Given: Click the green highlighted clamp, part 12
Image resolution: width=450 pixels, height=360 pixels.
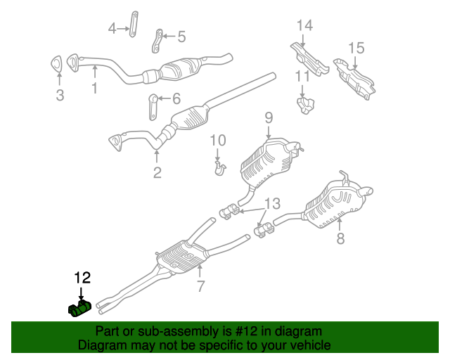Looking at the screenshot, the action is (x=79, y=309).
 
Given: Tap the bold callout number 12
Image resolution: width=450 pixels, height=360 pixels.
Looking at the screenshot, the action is (x=82, y=278).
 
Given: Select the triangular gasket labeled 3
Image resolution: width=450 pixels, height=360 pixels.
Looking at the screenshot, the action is (x=56, y=64).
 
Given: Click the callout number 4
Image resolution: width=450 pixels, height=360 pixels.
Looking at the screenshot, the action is (x=112, y=29).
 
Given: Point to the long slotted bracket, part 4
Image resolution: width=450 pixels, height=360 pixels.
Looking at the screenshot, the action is (x=134, y=24).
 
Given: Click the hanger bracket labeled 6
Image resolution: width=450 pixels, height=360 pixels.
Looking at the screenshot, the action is (x=153, y=107).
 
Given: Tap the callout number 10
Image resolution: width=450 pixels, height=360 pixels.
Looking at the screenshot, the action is (x=218, y=141).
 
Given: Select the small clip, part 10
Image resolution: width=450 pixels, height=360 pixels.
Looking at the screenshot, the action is (x=220, y=168).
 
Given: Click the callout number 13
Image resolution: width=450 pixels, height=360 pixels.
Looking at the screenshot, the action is (x=272, y=203).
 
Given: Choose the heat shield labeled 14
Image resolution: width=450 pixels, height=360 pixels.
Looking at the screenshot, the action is (x=309, y=59).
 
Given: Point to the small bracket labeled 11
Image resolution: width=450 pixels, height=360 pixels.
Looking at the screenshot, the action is (x=305, y=105).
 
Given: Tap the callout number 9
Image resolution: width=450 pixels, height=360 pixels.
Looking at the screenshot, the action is (x=269, y=117).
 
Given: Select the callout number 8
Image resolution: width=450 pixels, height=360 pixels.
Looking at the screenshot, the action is (x=340, y=238).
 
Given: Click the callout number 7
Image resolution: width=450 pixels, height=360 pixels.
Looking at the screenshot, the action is (x=201, y=286).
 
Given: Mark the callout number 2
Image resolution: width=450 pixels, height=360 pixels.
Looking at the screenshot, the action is (x=157, y=172).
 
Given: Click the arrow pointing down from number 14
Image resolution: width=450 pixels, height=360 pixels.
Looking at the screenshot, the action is (x=303, y=40).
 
